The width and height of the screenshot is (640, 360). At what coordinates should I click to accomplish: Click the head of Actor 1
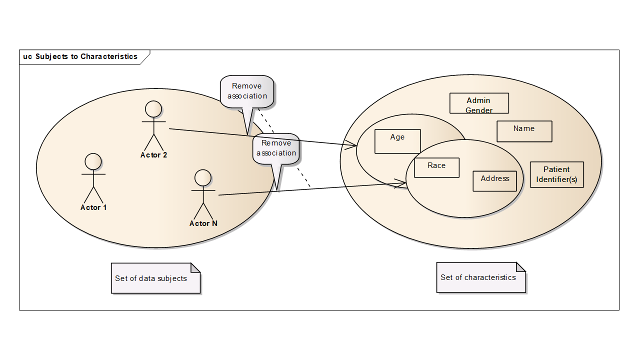(93, 161)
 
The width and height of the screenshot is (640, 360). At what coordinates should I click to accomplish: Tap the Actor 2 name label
(153, 155)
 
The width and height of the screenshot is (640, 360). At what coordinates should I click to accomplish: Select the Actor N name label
(203, 223)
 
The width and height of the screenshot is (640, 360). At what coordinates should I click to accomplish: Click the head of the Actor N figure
(203, 177)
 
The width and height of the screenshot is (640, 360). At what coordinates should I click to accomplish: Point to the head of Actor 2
(153, 109)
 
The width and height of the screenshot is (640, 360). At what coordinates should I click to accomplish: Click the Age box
(397, 141)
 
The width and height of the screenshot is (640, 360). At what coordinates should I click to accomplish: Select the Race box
(436, 167)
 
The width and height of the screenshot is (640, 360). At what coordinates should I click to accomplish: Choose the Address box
(494, 181)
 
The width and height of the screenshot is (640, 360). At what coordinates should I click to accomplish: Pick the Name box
(524, 131)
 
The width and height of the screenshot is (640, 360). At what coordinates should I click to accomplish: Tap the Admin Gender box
(479, 103)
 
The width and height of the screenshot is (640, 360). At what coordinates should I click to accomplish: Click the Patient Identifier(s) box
(556, 174)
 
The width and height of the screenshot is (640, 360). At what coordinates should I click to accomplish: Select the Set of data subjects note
(155, 278)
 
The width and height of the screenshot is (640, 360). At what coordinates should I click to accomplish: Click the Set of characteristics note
(480, 277)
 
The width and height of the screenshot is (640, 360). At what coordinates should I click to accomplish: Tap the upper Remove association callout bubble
(247, 91)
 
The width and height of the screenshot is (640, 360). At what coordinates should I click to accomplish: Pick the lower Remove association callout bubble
(276, 148)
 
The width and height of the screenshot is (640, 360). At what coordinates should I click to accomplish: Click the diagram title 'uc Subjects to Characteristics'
(80, 56)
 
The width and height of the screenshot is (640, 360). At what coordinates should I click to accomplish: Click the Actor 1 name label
(93, 207)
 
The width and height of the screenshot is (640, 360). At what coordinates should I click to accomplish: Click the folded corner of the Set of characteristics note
(520, 267)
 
